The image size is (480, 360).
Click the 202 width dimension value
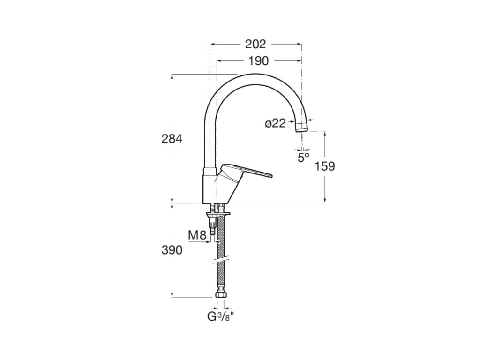255,44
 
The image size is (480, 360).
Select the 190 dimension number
258,61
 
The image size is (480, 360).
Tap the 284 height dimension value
172,139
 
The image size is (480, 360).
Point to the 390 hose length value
172,250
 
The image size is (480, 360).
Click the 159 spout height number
325,166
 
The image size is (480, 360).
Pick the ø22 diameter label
275,123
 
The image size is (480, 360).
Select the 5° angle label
304,157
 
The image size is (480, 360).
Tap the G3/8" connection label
221,316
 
